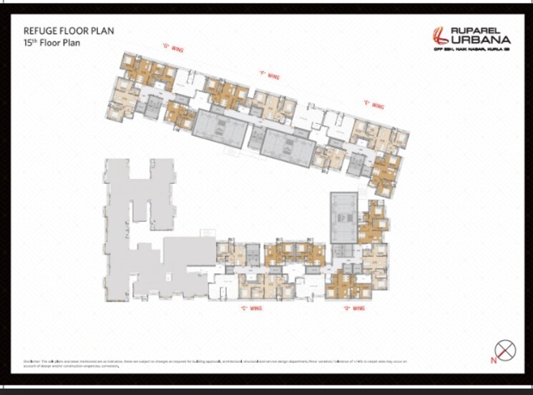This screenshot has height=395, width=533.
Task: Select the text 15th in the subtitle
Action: tap(31, 43)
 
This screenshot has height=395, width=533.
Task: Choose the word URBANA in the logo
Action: tap(481, 40)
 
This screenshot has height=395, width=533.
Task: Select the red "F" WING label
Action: tap(268, 75)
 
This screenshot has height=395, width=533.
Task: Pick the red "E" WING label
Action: tap(373, 104)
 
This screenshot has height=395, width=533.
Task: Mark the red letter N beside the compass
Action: tap(493, 360)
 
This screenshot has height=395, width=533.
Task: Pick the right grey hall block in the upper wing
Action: tap(285, 145)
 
